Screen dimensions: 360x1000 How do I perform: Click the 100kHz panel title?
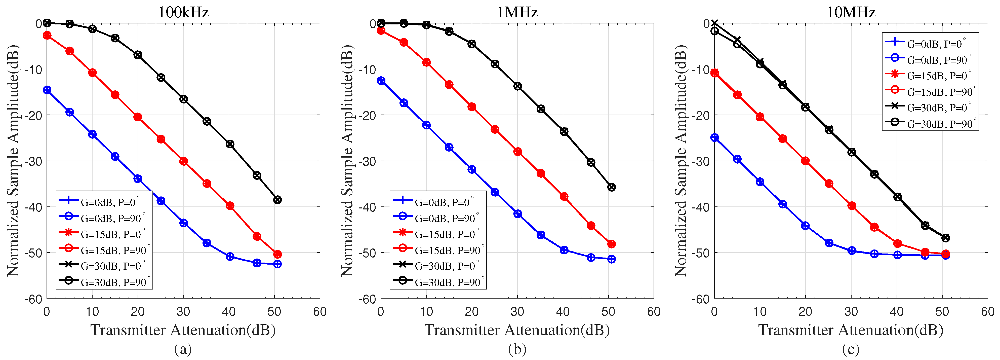(x=183, y=12)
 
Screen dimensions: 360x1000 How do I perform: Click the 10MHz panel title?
(x=851, y=12)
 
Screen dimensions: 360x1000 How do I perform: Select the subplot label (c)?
(x=851, y=349)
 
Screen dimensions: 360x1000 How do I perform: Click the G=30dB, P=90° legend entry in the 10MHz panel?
(x=930, y=124)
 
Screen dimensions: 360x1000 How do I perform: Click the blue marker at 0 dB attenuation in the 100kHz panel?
(x=47, y=90)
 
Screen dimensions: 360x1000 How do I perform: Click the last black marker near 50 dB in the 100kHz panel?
(x=277, y=200)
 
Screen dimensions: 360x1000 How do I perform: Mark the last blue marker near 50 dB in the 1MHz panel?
(x=611, y=259)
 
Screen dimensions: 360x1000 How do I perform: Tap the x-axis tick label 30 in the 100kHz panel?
(x=183, y=311)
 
